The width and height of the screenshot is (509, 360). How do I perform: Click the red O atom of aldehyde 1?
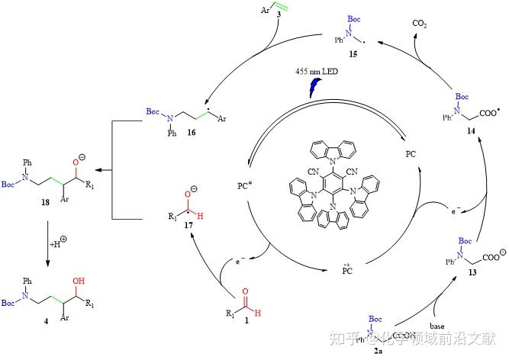pos(244,291)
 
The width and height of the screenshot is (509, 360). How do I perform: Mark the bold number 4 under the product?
pos(47,322)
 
